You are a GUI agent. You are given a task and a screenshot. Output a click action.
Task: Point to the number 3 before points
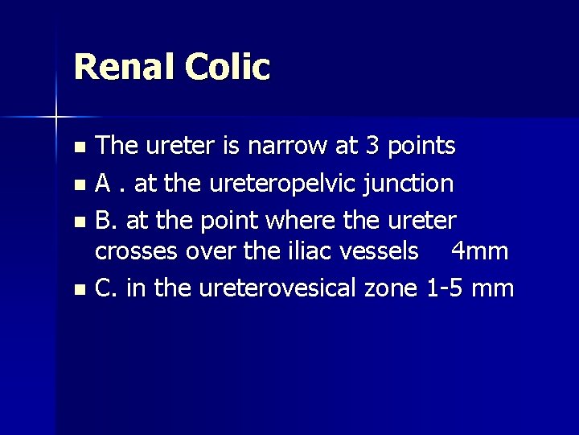[371, 147]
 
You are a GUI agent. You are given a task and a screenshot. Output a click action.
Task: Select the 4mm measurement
[479, 251]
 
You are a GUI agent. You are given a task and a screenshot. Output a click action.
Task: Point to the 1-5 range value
[446, 288]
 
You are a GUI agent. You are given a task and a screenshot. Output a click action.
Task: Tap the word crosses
[137, 251]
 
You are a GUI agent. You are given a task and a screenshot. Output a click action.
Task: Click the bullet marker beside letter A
[78, 184]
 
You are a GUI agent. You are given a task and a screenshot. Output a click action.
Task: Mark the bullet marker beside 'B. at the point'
[78, 220]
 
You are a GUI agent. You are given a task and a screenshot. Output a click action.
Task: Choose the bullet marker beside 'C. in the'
[78, 288]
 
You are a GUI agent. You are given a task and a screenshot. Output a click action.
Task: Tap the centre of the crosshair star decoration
[56, 118]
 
